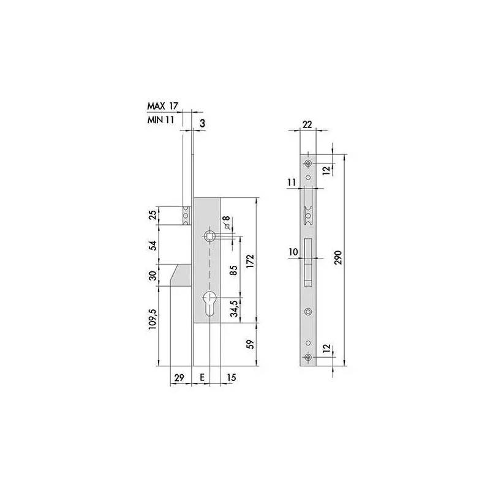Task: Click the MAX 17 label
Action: (x=162, y=106)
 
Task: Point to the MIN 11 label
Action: (x=160, y=119)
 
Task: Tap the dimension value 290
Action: (x=339, y=257)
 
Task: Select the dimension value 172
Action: (x=251, y=262)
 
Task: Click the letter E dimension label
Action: (x=202, y=377)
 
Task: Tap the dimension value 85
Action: (x=234, y=270)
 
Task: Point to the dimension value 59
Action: (x=251, y=344)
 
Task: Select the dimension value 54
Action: (x=153, y=246)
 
